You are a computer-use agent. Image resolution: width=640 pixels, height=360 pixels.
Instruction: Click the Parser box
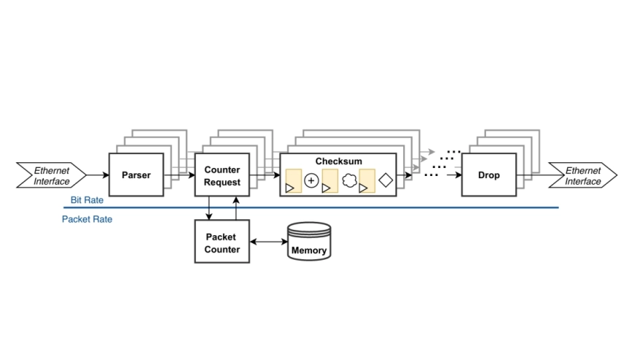click(135, 175)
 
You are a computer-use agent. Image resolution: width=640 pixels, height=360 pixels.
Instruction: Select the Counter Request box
click(222, 175)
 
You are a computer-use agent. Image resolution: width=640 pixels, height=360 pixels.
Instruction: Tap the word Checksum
click(338, 161)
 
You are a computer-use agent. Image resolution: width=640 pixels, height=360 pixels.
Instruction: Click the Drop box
click(489, 175)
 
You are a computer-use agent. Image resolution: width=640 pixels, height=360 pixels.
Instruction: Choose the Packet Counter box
click(222, 243)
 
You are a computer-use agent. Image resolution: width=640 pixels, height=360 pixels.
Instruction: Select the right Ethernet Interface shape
click(582, 175)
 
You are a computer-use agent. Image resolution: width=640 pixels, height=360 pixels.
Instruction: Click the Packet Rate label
click(87, 218)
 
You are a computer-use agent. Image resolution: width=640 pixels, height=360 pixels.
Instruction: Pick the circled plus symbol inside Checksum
click(311, 181)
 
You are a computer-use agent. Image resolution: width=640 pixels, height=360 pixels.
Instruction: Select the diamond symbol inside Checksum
click(385, 181)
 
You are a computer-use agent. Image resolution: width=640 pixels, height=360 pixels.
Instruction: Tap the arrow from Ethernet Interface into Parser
click(98, 175)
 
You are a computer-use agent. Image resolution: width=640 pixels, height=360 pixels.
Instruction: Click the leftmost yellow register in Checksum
click(294, 181)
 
